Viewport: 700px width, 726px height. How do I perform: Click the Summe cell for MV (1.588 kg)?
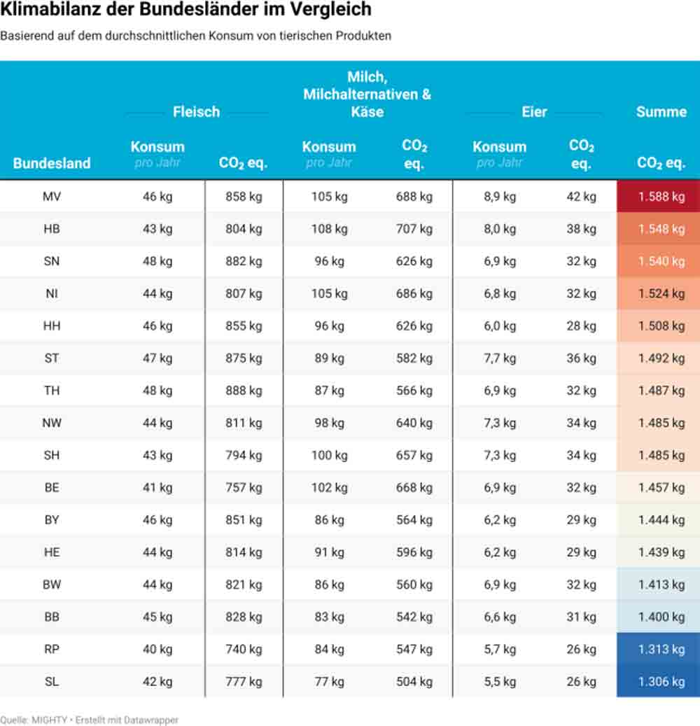click(x=661, y=197)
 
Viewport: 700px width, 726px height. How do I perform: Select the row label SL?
click(x=52, y=682)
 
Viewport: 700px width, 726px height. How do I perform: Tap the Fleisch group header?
click(x=196, y=111)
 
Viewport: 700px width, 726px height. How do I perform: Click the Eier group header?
click(x=534, y=111)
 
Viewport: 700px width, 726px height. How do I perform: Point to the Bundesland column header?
click(x=52, y=163)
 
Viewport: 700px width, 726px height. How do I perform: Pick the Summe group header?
click(x=661, y=111)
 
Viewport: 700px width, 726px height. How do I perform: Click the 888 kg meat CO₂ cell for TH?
click(x=244, y=391)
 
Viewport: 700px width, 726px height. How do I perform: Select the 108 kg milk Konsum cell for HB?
click(x=329, y=229)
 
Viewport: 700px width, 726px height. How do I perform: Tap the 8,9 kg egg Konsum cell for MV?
click(x=500, y=197)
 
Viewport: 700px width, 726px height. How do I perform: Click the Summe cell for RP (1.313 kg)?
click(x=661, y=649)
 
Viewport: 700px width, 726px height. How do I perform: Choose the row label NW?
click(x=52, y=423)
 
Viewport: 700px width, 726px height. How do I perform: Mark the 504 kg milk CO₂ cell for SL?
click(x=414, y=682)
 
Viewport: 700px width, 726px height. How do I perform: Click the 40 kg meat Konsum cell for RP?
click(x=157, y=649)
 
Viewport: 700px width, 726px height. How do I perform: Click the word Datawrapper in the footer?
click(x=150, y=720)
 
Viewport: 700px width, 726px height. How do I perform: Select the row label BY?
click(x=52, y=520)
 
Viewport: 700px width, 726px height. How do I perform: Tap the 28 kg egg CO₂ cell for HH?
click(x=581, y=326)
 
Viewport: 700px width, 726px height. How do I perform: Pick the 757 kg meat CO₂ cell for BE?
click(x=244, y=487)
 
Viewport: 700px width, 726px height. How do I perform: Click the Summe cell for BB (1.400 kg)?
click(x=661, y=617)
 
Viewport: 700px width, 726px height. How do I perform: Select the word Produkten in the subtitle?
click(x=363, y=36)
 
